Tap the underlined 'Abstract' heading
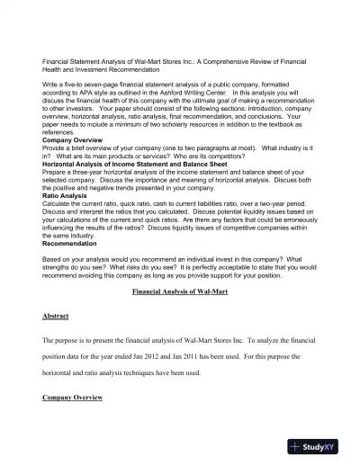tap(57, 318)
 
